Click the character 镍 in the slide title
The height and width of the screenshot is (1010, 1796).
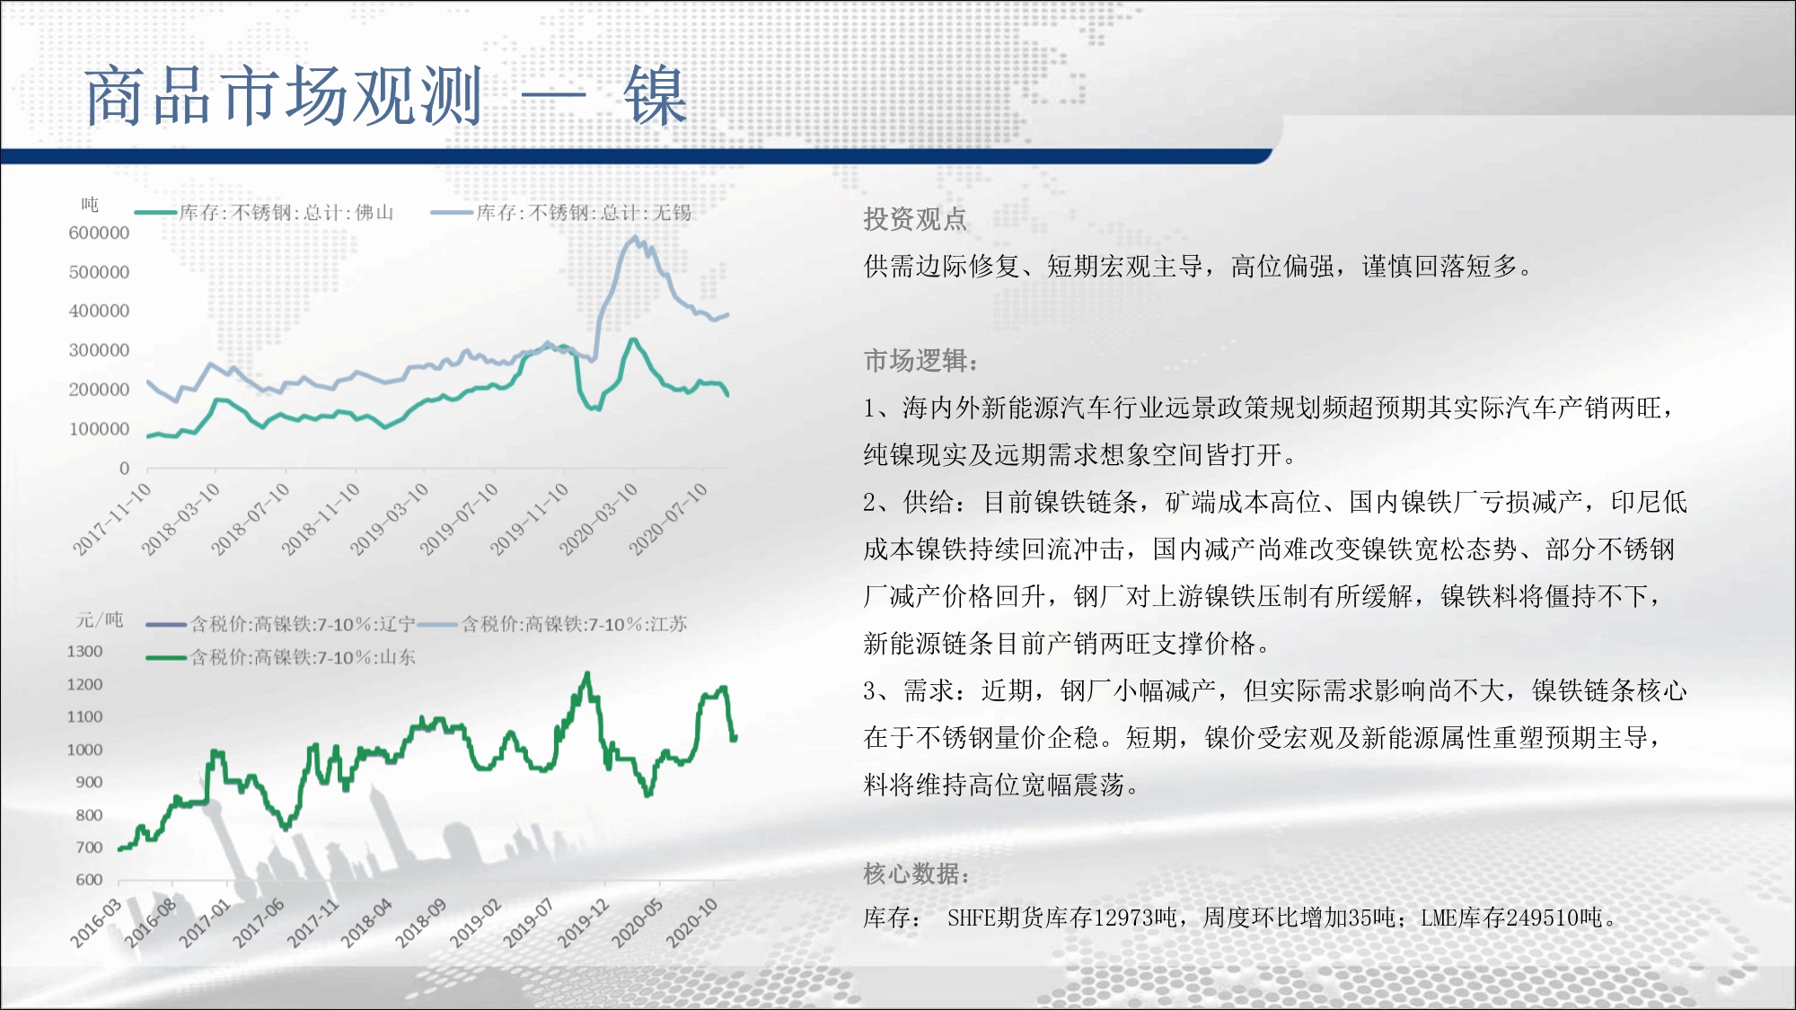[x=656, y=95]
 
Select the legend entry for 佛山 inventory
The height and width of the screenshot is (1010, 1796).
[x=264, y=213]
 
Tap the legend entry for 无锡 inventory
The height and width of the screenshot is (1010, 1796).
[x=561, y=213]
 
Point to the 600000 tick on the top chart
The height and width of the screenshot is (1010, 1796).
[x=99, y=233]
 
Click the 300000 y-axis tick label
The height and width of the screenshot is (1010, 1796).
[x=99, y=350]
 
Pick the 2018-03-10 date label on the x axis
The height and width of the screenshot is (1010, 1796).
[x=181, y=519]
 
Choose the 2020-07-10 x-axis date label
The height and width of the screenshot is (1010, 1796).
[x=669, y=519]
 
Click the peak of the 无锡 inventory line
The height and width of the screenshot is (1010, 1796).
[x=635, y=237]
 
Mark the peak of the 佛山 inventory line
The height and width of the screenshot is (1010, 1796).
[x=632, y=339]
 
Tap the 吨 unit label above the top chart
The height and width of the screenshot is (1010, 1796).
[x=90, y=205]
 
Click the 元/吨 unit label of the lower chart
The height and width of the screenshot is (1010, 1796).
[x=100, y=619]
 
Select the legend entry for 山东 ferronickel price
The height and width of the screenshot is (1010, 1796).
[x=281, y=657]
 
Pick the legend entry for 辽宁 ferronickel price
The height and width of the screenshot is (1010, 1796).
[x=281, y=624]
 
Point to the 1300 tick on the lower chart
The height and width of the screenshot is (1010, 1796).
[x=84, y=651]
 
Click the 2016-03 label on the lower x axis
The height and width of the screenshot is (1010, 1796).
[x=96, y=923]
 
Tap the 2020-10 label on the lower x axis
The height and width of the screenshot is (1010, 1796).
[x=691, y=923]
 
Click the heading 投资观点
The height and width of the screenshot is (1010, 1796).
[x=915, y=219]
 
